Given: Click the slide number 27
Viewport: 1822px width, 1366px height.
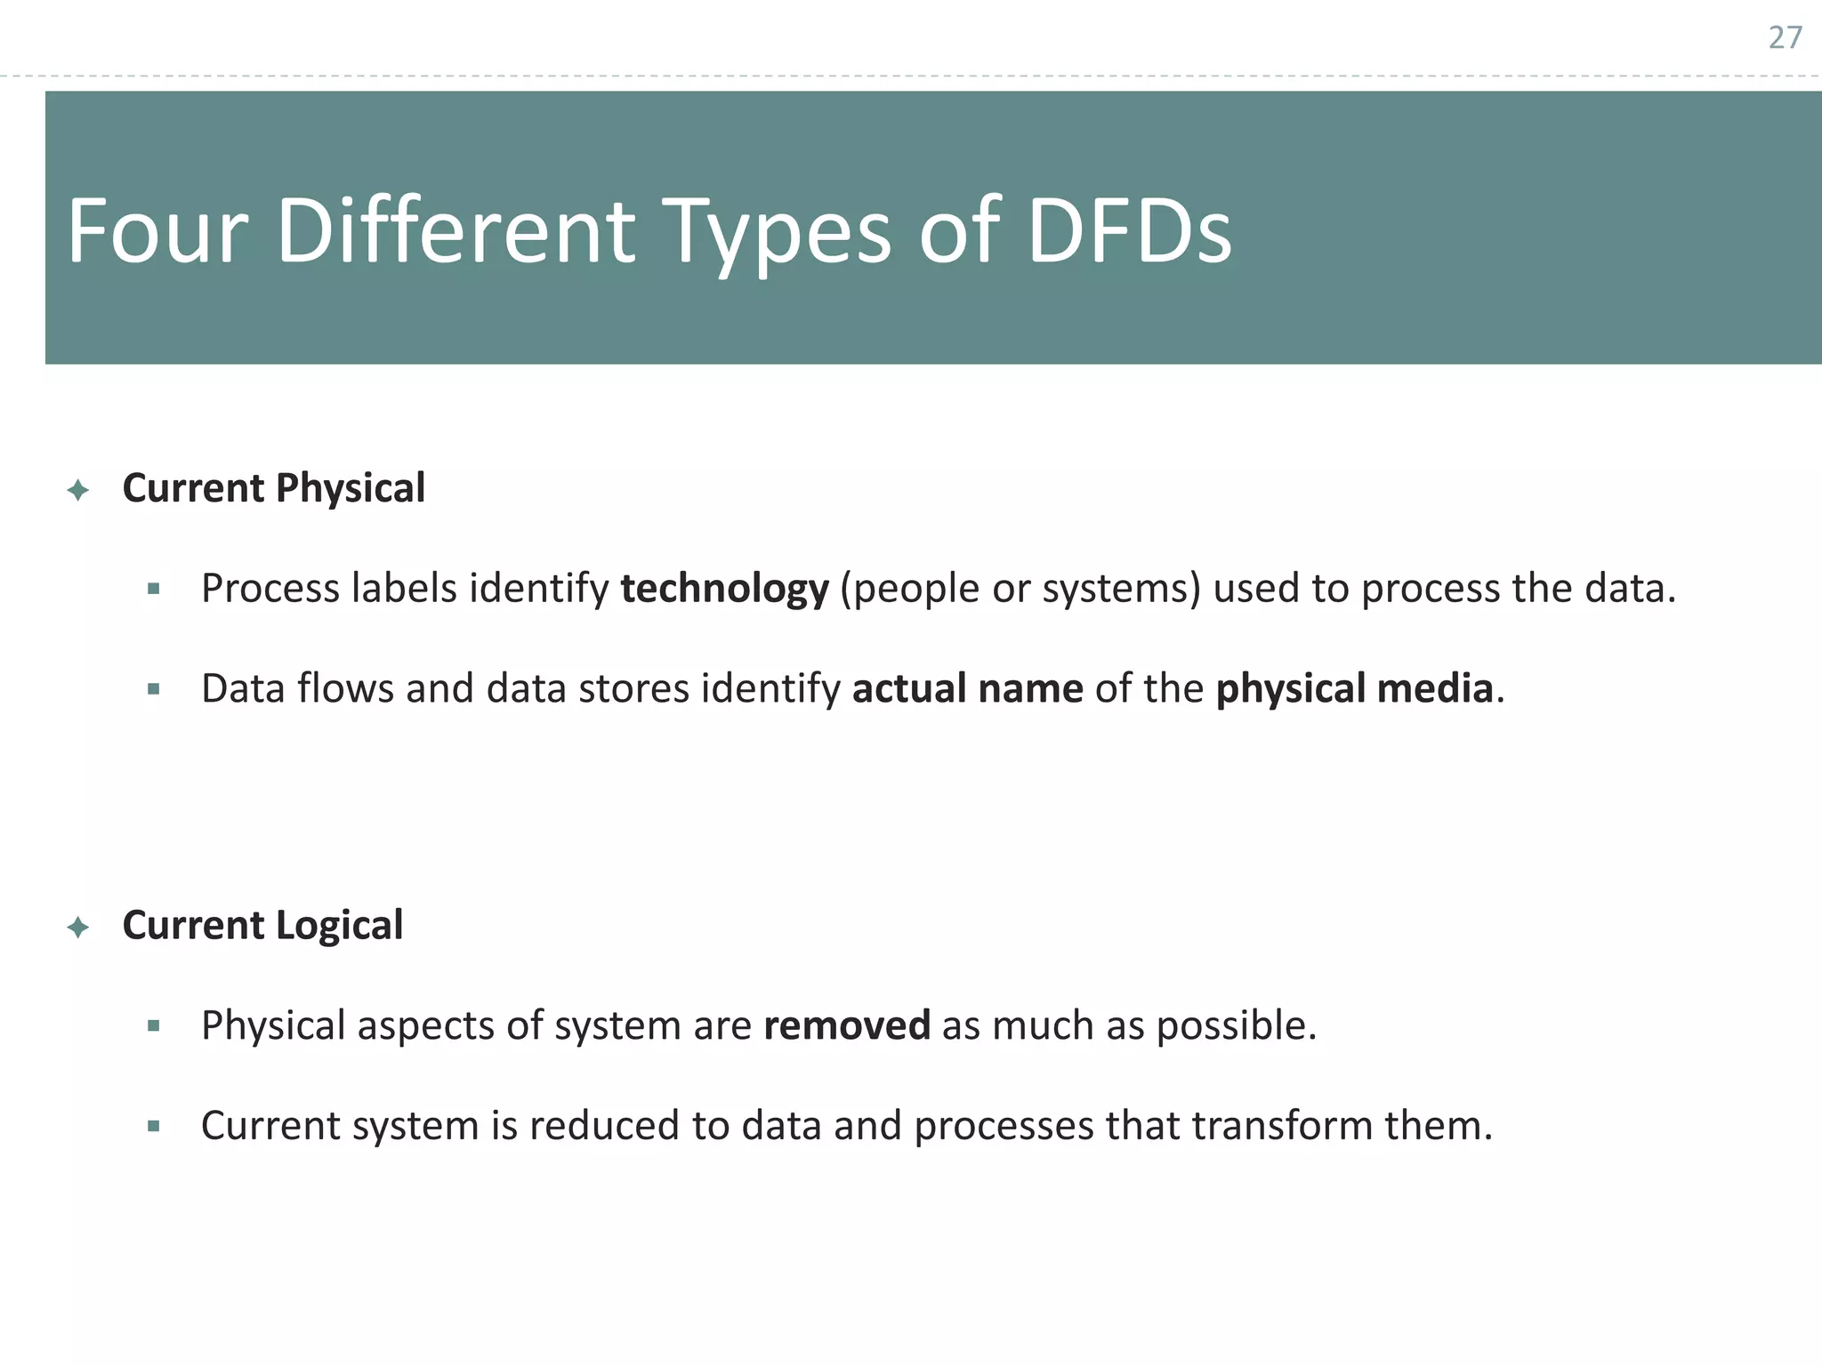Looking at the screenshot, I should tap(1785, 37).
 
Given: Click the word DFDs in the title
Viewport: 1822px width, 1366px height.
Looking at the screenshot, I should tap(1129, 231).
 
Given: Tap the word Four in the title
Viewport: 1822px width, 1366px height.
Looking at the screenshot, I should tap(157, 231).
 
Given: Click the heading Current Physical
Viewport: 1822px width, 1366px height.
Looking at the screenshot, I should tap(273, 488).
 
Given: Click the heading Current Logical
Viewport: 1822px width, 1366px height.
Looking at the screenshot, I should tap(262, 926).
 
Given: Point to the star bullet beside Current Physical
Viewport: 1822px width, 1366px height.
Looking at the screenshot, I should tap(78, 490).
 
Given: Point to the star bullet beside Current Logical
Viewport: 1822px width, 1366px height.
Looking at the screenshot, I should tap(78, 928).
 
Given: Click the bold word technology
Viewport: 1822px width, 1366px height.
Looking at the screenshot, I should tap(724, 590).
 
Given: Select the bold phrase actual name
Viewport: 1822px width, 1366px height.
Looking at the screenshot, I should tap(967, 689).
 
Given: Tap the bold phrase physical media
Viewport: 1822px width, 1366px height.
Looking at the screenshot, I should tap(1354, 689).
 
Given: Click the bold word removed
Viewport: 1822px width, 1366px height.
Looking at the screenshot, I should tap(846, 1025).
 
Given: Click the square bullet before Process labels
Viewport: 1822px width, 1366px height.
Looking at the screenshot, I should tap(154, 589).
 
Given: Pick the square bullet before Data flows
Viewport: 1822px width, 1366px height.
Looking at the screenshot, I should tap(154, 688).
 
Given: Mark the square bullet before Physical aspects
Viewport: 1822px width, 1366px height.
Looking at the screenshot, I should tap(154, 1026).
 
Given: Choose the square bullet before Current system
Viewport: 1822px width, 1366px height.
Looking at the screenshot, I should tap(154, 1126).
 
